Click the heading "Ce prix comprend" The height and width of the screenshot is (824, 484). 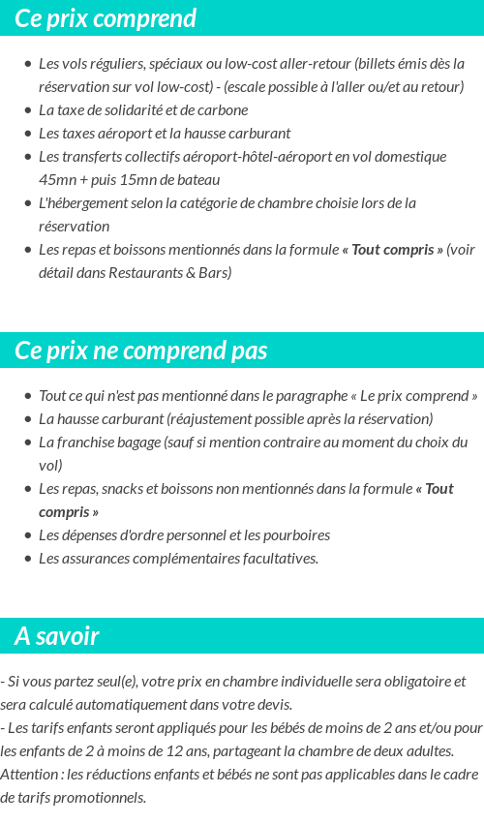[x=106, y=18]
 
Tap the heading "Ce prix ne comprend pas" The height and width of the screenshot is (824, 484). [x=141, y=351]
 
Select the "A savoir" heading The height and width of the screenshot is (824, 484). [x=57, y=636]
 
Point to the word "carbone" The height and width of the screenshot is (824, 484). [x=223, y=110]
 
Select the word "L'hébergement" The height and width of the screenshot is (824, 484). [x=82, y=203]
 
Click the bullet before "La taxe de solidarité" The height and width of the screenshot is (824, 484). [x=28, y=110]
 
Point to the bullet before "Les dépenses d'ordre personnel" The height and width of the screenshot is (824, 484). [x=28, y=535]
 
